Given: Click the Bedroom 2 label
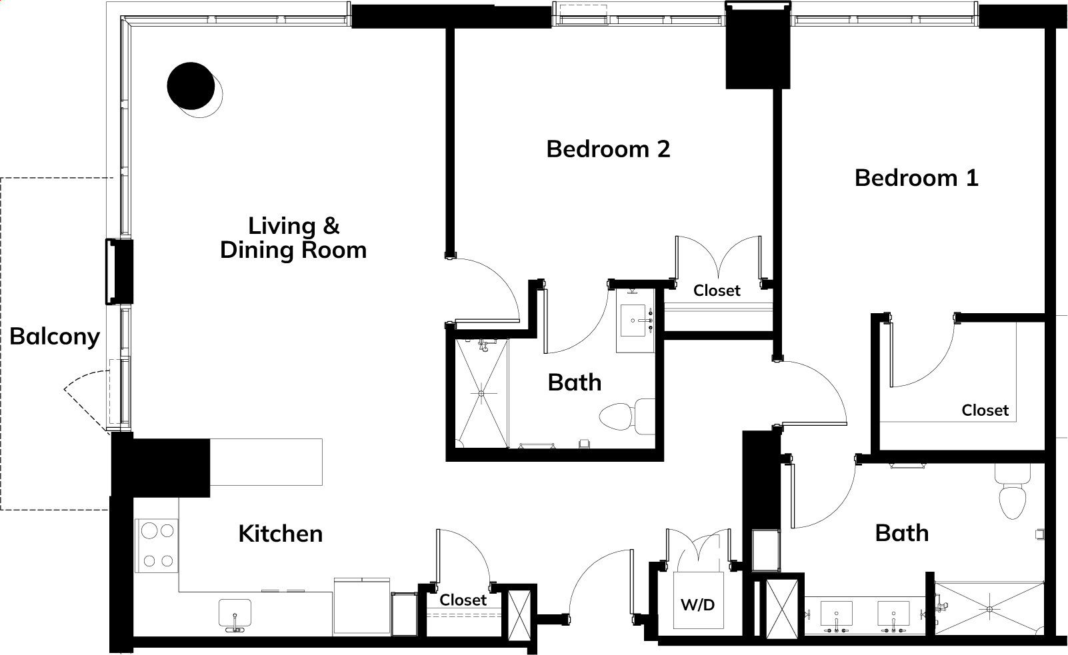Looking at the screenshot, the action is [x=608, y=149].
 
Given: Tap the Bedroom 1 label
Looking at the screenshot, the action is [x=917, y=178].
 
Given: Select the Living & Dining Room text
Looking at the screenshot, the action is [x=294, y=239].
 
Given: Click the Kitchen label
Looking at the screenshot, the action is [x=281, y=534].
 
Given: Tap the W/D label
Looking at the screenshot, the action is [x=697, y=605].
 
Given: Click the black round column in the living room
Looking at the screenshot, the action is [x=191, y=86].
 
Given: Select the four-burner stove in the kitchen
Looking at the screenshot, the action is [x=157, y=545].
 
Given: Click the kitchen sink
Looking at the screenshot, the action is [x=235, y=614].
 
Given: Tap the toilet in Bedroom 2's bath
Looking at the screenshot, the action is [x=627, y=416].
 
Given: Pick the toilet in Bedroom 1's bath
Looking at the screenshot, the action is [x=1012, y=491].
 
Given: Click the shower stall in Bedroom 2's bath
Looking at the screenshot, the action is [x=481, y=394].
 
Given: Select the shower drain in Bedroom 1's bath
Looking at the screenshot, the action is [x=990, y=609].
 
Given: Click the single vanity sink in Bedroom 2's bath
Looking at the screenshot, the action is [x=633, y=321].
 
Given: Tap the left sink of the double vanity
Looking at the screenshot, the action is [x=836, y=614].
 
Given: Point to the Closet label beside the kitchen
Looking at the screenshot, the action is [x=463, y=600].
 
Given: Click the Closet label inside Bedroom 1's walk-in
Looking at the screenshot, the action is [x=985, y=410].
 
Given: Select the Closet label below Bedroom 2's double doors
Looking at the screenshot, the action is [x=717, y=291].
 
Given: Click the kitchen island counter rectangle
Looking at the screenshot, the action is [x=266, y=462].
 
